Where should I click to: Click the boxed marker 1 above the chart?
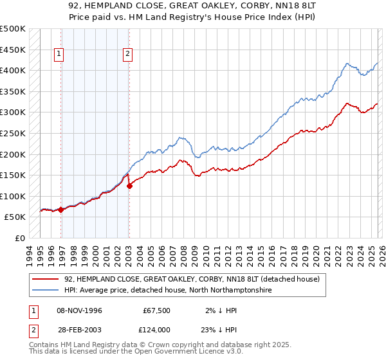[59, 55]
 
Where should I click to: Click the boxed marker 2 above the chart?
[128, 55]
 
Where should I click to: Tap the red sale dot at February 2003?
[129, 186]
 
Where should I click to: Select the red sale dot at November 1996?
[61, 210]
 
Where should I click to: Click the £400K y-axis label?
[13, 70]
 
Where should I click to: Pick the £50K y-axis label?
[15, 217]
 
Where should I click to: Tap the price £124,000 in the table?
[156, 330]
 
